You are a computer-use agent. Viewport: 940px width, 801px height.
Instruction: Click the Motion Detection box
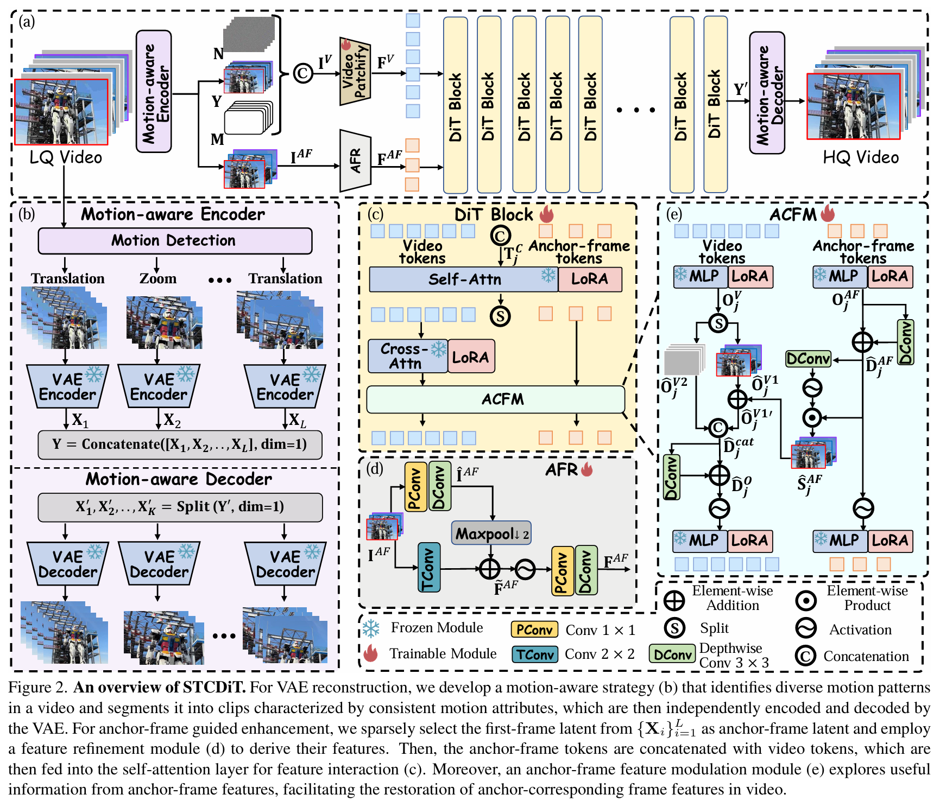coord(175,240)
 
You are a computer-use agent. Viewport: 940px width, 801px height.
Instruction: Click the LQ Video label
coord(66,157)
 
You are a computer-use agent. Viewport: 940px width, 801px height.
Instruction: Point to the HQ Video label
coord(861,157)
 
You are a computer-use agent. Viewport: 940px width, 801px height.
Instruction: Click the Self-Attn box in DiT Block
coord(463,279)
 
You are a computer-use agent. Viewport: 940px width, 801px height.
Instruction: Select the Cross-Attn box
coord(408,357)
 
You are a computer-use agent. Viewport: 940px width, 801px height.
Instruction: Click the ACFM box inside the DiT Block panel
coord(495,399)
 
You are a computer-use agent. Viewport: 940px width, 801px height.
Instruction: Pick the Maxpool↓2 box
coord(491,534)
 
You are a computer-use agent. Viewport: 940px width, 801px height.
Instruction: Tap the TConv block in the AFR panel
coord(428,568)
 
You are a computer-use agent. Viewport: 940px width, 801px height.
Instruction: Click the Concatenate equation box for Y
coord(180,444)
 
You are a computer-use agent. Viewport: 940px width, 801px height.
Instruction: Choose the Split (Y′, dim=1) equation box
coord(180,507)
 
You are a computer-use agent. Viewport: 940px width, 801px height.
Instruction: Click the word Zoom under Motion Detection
coord(158,278)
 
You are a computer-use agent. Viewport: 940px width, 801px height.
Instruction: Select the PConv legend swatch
coord(534,630)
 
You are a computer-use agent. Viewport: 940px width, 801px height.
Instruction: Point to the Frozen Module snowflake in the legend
coord(371,628)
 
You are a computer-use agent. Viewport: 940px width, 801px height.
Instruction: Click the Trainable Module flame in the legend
coord(371,653)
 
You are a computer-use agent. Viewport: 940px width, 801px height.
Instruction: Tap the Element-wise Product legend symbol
coord(806,600)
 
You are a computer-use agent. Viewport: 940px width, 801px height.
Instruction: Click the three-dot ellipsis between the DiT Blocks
coord(636,110)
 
